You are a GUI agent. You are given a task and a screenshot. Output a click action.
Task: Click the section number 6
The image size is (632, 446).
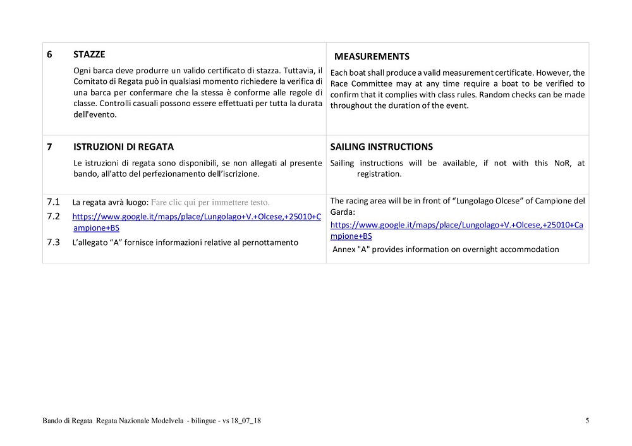coord(50,54)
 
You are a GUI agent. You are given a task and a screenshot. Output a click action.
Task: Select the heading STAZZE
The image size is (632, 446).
coord(89,54)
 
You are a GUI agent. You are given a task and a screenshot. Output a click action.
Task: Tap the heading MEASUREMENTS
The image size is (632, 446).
coord(372,57)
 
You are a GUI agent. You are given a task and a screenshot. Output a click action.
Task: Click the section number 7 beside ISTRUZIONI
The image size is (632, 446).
coord(50,147)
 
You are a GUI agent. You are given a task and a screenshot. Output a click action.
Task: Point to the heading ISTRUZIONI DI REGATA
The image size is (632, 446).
coord(123,147)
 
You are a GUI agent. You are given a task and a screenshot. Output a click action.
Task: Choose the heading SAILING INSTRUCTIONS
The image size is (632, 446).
coord(382,147)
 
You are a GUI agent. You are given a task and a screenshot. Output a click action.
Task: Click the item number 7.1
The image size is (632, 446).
coord(53,202)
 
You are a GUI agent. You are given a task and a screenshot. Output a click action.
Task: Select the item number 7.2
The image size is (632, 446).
coord(53,216)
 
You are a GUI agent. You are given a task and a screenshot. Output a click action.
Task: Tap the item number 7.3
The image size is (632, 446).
coord(53,241)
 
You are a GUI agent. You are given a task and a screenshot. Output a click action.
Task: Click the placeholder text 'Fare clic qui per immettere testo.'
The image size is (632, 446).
coord(210,203)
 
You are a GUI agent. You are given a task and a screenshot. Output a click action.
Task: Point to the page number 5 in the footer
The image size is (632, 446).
coord(586,421)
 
